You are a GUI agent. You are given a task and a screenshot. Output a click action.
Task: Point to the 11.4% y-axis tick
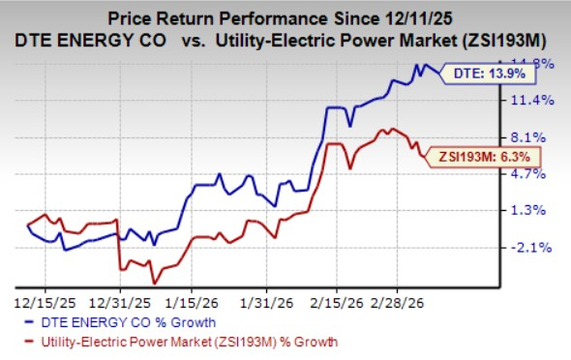(529, 101)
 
